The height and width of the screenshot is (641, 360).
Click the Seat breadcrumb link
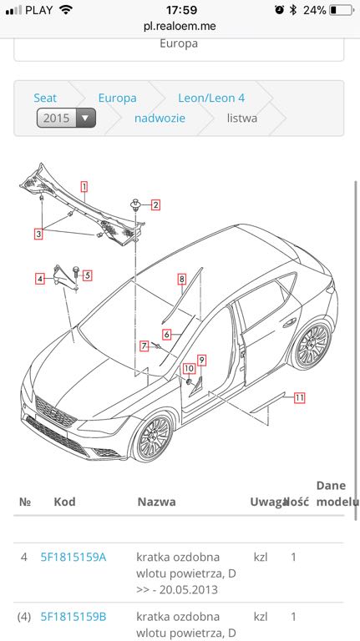[45, 98]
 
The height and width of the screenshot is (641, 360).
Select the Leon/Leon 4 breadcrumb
[210, 98]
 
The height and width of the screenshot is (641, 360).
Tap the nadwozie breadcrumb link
[160, 118]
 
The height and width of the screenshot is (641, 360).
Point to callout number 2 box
[155, 204]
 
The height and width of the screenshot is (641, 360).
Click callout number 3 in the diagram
[38, 235]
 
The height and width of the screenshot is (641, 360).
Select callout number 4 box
[39, 279]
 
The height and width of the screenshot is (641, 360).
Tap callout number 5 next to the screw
[87, 275]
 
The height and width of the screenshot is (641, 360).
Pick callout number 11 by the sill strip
[299, 398]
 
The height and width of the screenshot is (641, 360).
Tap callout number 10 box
[189, 368]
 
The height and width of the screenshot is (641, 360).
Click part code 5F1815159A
[74, 557]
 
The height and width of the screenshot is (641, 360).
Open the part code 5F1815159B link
[74, 617]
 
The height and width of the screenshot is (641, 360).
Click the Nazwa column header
[156, 502]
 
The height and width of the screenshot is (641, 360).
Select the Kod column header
[64, 502]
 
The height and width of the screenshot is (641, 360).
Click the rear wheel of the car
[313, 345]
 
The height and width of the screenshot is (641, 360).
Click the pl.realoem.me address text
[180, 26]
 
